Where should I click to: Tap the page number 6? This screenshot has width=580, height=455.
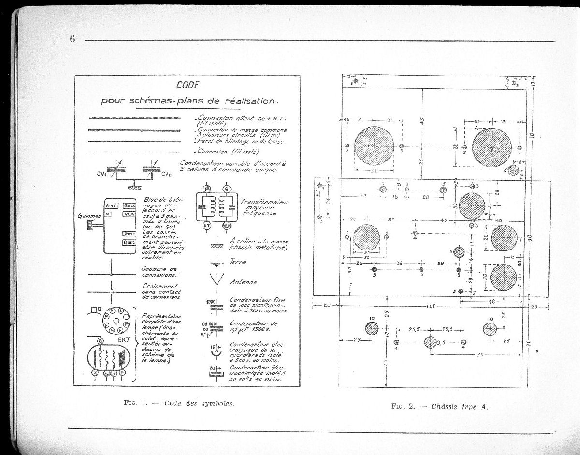pyautogui.click(x=72, y=39)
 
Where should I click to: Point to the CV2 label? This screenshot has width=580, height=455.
pyautogui.click(x=166, y=174)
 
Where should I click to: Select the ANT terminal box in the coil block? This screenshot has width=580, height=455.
pyautogui.click(x=112, y=206)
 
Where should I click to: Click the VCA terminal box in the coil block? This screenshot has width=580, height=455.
pyautogui.click(x=129, y=214)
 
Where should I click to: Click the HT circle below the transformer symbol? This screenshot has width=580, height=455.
pyautogui.click(x=207, y=225)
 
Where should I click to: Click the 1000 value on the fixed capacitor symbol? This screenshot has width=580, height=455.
pyautogui.click(x=211, y=302)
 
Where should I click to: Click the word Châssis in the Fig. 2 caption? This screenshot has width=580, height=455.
pyautogui.click(x=447, y=406)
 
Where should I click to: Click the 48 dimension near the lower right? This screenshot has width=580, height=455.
pyautogui.click(x=492, y=301)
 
